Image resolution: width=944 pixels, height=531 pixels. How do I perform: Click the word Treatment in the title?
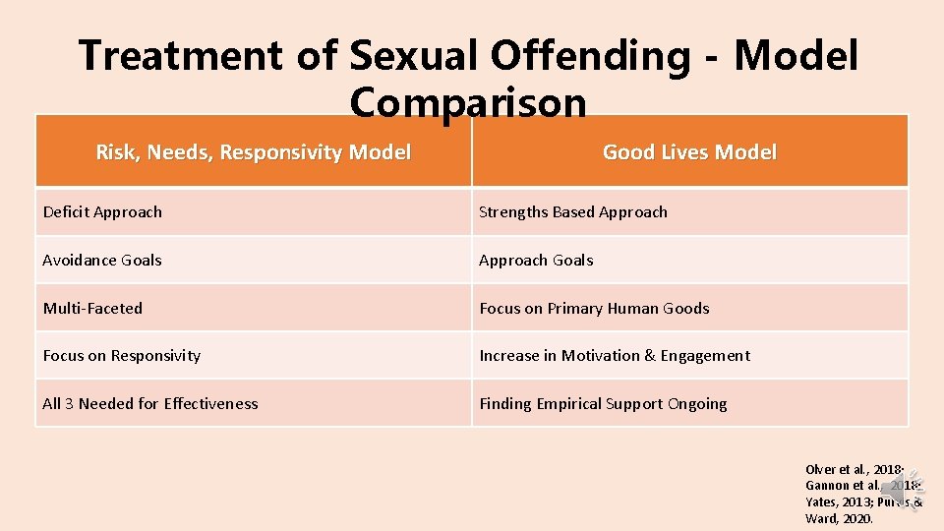tap(183, 55)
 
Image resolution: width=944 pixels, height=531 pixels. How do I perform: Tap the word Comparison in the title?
tap(467, 102)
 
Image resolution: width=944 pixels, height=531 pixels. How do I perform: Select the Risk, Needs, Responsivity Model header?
tap(254, 152)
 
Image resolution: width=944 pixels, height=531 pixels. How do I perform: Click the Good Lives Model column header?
tap(689, 152)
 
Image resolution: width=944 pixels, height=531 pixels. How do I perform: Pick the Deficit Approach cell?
tap(102, 212)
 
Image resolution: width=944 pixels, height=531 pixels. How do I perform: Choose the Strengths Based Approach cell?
tap(572, 212)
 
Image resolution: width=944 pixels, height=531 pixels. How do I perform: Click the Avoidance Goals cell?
tap(102, 261)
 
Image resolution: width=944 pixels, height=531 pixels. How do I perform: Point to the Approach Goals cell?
tap(536, 261)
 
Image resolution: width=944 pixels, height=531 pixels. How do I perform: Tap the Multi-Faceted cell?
tap(92, 309)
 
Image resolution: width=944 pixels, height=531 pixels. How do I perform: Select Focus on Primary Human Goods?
tap(594, 309)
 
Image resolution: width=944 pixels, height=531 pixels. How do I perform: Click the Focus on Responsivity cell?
tap(121, 356)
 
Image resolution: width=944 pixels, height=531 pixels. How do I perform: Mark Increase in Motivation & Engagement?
tap(614, 356)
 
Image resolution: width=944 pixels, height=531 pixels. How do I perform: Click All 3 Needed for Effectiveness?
tap(149, 404)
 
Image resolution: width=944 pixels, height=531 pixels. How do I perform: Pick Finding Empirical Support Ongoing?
tap(603, 404)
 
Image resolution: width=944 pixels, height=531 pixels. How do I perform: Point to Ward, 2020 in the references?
tap(838, 518)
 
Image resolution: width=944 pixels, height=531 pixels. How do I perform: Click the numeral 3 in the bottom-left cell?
tap(69, 404)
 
